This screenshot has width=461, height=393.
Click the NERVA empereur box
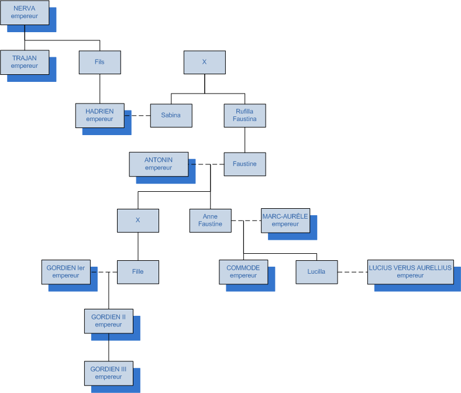[25, 12]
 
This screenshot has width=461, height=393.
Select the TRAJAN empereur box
[25, 62]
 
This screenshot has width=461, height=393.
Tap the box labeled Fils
[99, 62]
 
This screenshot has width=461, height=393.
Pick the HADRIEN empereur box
[99, 115]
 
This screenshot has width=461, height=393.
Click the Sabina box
[171, 115]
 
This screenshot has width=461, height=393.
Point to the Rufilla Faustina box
[245, 115]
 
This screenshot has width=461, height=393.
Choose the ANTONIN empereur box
[159, 164]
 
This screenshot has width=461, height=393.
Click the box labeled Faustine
[245, 164]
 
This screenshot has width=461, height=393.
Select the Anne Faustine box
[210, 220]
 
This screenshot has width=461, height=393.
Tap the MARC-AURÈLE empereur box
[285, 220]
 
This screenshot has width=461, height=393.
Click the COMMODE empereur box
[243, 271]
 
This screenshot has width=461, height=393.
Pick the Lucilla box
[316, 271]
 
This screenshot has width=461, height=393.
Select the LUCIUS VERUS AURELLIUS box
[410, 271]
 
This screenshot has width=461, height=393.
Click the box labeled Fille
[138, 271]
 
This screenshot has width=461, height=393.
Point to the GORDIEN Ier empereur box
[66, 271]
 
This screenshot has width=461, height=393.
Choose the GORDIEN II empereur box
[108, 320]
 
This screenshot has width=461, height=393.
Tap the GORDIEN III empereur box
[108, 373]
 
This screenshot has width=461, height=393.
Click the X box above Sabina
[204, 62]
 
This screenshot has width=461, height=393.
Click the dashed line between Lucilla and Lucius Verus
[352, 272]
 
